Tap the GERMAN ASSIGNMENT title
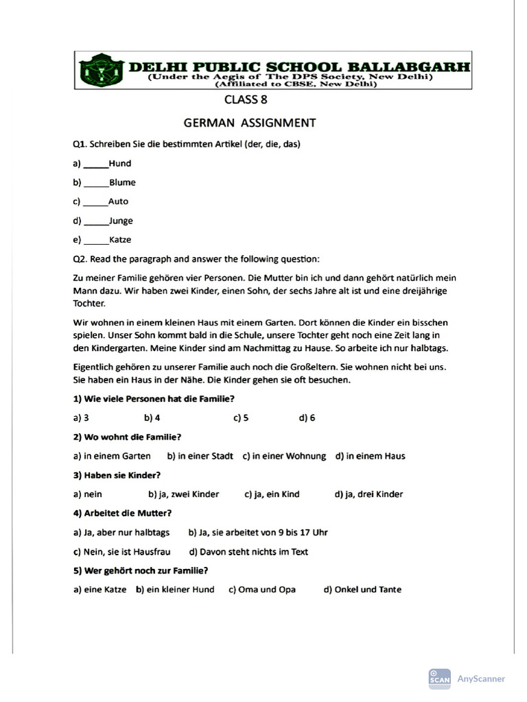click(x=250, y=123)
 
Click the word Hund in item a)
click(x=120, y=164)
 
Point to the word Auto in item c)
click(x=118, y=202)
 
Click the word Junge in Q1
click(x=121, y=221)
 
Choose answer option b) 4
click(x=152, y=417)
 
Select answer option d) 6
click(x=307, y=417)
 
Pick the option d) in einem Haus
click(x=370, y=456)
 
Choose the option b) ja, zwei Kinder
click(x=183, y=494)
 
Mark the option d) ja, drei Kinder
click(x=368, y=494)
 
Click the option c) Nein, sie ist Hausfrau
click(x=121, y=552)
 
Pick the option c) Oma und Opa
click(x=262, y=590)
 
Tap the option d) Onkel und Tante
click(x=362, y=590)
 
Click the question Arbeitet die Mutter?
click(x=122, y=513)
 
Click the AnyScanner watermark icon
click(x=439, y=678)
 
